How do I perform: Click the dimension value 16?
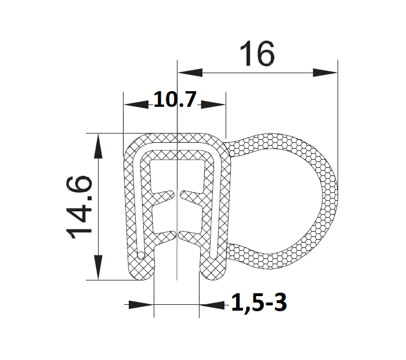click(256, 55)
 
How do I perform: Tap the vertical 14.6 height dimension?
click(79, 206)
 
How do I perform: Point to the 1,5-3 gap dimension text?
click(259, 303)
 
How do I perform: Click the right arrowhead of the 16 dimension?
click(325, 73)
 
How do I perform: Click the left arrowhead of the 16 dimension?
click(190, 73)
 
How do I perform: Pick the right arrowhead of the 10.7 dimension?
click(213, 105)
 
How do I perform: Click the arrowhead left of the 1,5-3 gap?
click(141, 304)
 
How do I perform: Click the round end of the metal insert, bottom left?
click(142, 255)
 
